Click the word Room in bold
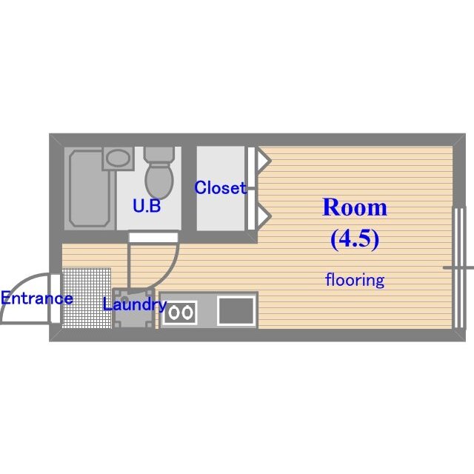(x=355, y=208)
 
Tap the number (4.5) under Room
(x=355, y=238)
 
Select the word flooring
(x=355, y=280)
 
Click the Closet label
(x=220, y=188)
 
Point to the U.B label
(x=147, y=207)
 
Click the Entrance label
(x=36, y=299)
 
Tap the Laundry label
(x=134, y=304)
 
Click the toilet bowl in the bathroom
(x=157, y=178)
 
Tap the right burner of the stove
(x=188, y=313)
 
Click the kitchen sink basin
(x=237, y=310)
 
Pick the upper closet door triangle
(x=261, y=158)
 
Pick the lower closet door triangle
(x=261, y=216)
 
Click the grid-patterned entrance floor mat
(x=86, y=298)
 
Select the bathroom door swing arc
(x=172, y=270)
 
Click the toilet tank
(x=157, y=154)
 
